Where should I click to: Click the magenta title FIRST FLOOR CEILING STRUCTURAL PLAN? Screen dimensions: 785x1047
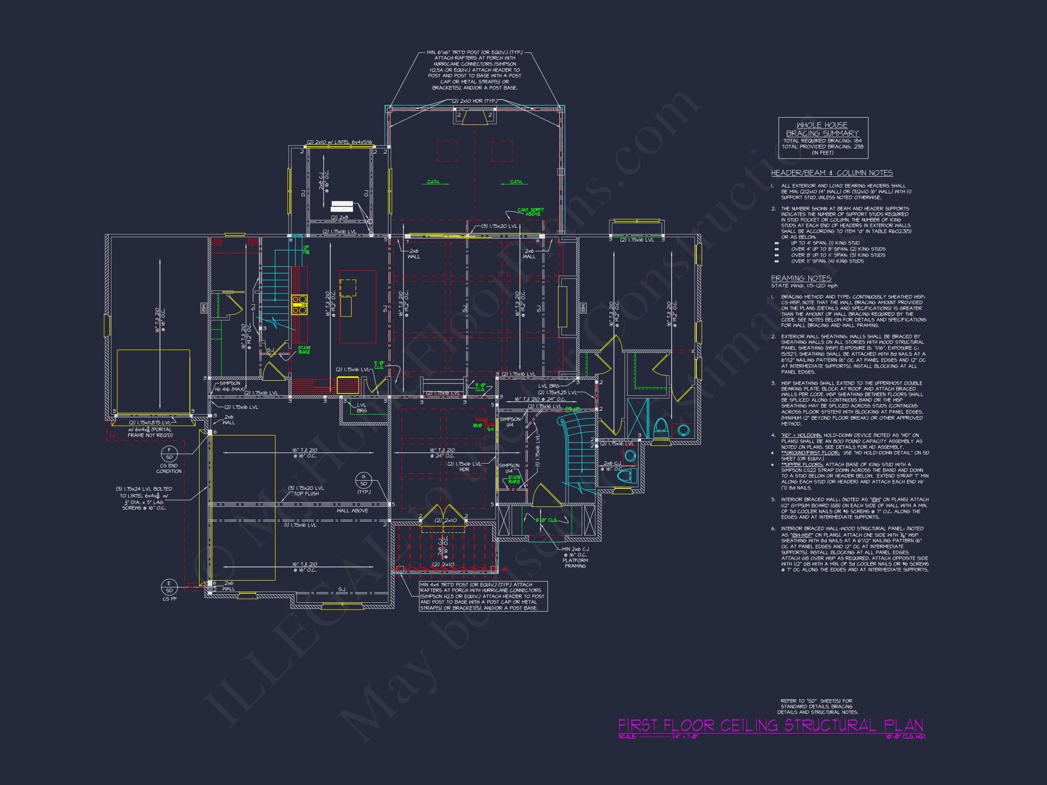pos(770,725)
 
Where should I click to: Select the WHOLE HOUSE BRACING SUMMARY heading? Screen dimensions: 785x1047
pos(823,129)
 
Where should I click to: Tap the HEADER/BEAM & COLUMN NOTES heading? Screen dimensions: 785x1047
pos(832,173)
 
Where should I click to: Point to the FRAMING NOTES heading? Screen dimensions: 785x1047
pos(801,278)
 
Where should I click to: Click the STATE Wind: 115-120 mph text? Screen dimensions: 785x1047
pos(804,286)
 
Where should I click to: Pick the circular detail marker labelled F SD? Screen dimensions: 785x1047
pos(169,453)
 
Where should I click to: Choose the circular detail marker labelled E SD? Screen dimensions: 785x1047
pos(169,587)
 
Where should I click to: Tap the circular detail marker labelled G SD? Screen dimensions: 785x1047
pos(364,480)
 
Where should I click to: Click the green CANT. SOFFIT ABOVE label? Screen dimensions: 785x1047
pos(530,212)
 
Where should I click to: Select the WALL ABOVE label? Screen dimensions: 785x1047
pos(352,511)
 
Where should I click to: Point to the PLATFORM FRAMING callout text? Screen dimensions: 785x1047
pos(575,563)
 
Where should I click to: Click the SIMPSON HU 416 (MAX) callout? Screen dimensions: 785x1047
pos(229,386)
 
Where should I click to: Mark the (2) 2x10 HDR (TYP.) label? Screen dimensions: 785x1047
pos(474,101)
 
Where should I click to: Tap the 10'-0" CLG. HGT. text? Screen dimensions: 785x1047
pos(906,737)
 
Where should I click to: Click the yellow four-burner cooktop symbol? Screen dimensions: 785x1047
pos(299,305)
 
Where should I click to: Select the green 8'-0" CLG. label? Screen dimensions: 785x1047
pos(546,521)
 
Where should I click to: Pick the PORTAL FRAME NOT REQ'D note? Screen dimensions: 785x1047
pos(150,432)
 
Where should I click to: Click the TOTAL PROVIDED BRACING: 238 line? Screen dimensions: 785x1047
pos(823,147)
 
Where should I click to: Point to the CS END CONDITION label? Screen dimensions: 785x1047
pos(169,468)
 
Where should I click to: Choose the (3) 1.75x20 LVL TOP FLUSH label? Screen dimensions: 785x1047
pos(306,491)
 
